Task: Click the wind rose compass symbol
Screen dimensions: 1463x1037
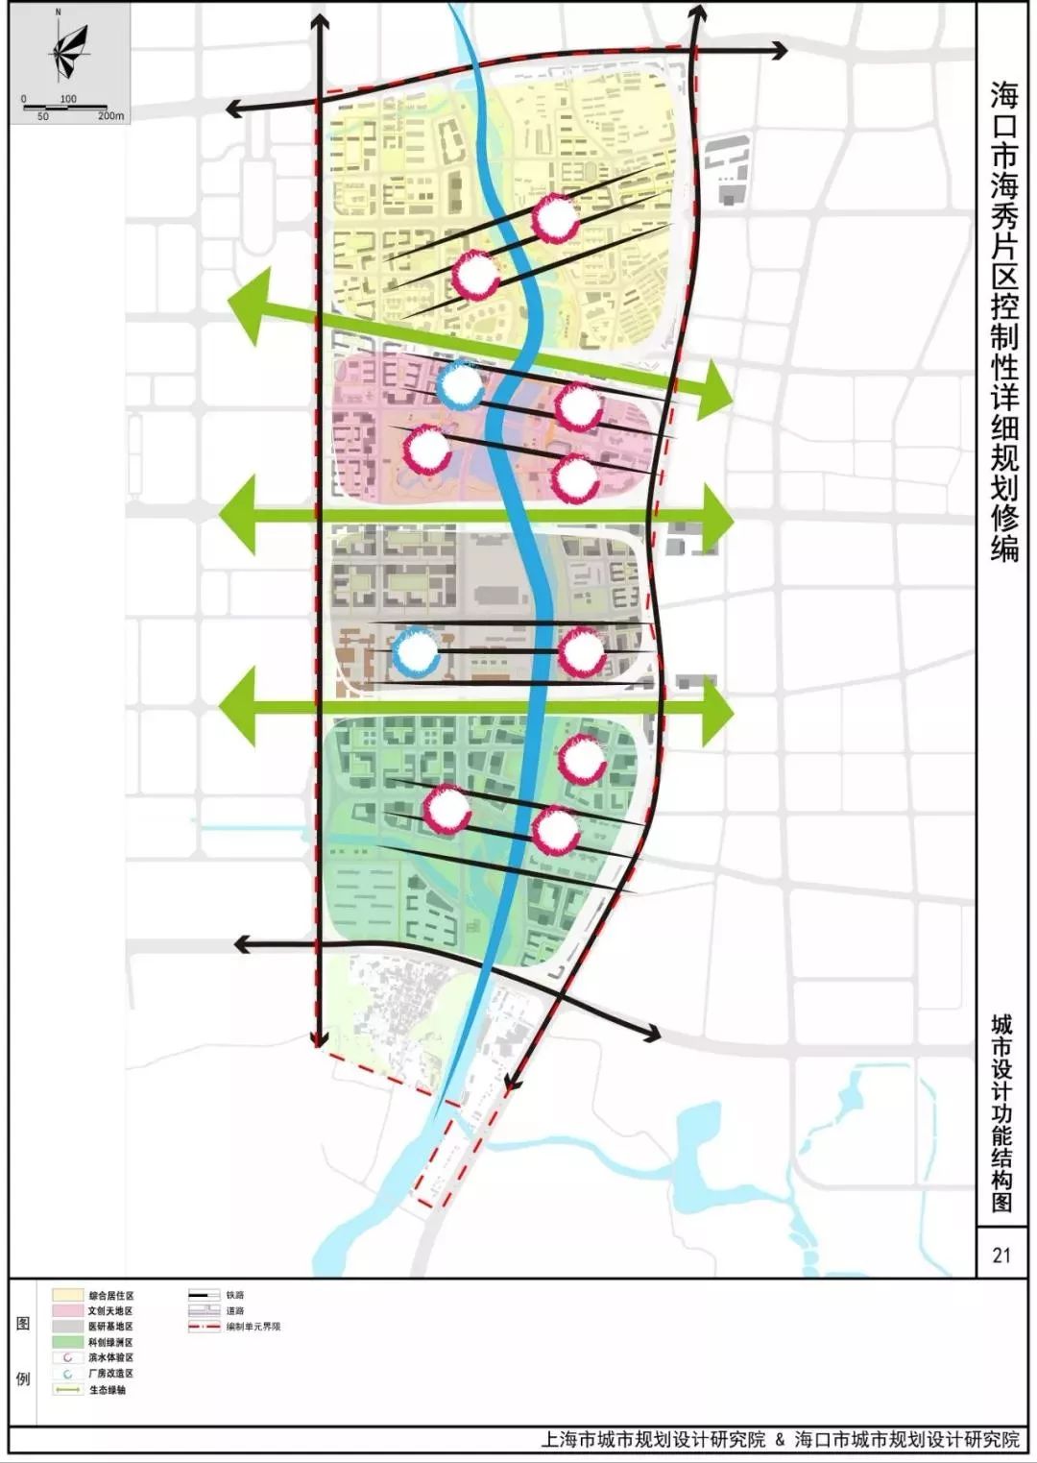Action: pyautogui.click(x=68, y=53)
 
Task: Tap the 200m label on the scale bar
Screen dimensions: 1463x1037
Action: pyautogui.click(x=110, y=116)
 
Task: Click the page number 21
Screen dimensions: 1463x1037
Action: pyautogui.click(x=1001, y=1255)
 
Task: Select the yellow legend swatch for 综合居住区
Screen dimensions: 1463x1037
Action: pyautogui.click(x=67, y=1296)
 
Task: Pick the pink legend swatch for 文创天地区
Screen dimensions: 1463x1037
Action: pyautogui.click(x=67, y=1311)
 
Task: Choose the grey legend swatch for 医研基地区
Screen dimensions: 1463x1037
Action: pyautogui.click(x=67, y=1327)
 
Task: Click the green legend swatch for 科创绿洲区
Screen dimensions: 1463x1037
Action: pyautogui.click(x=67, y=1342)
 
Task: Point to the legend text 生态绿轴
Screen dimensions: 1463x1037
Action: pyautogui.click(x=108, y=1390)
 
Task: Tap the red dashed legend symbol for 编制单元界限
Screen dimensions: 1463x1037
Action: pyautogui.click(x=205, y=1327)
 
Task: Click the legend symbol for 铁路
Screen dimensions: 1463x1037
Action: pyautogui.click(x=205, y=1296)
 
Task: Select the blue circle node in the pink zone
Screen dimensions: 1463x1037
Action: pyautogui.click(x=461, y=384)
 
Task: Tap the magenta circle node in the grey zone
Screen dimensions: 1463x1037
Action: pyautogui.click(x=582, y=652)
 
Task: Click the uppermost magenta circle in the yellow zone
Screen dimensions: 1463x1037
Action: pyautogui.click(x=555, y=219)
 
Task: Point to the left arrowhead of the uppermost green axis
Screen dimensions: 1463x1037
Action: pyautogui.click(x=246, y=305)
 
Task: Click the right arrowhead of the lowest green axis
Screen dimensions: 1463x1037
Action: pyautogui.click(x=718, y=712)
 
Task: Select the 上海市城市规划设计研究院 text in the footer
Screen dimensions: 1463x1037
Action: pyautogui.click(x=653, y=1439)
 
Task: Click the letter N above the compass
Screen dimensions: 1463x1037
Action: pyautogui.click(x=59, y=12)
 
